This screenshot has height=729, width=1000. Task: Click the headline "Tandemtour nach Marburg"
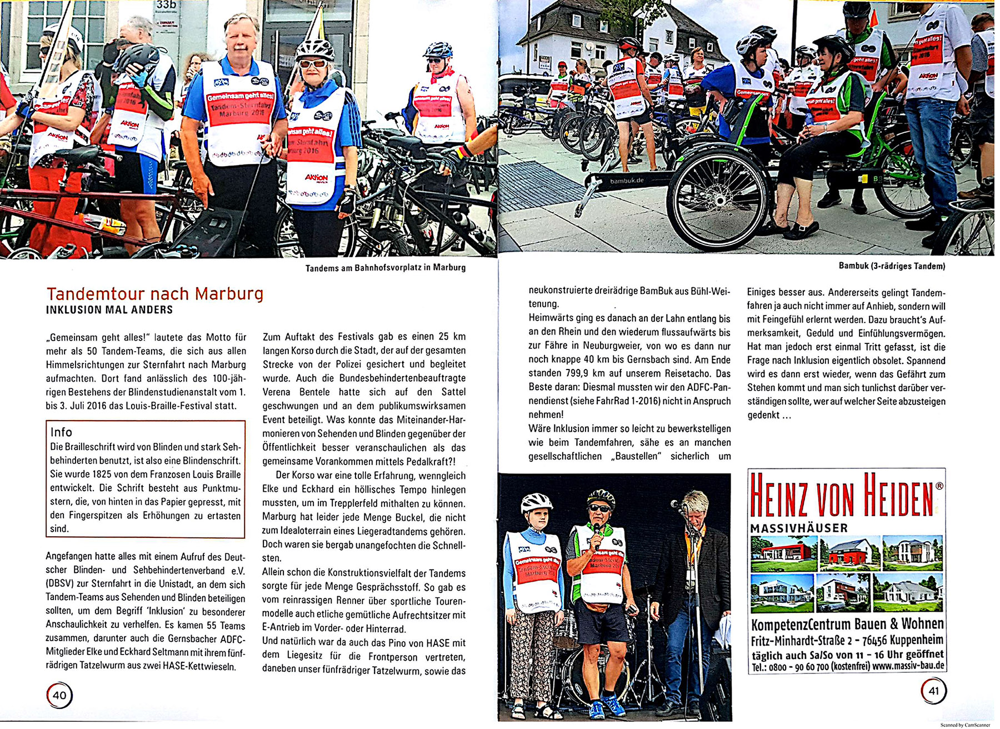[x=155, y=293]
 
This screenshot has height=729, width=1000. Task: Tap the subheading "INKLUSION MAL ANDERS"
[x=109, y=310]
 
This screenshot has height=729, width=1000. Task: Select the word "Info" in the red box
[x=61, y=432]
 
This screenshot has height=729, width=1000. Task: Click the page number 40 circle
[x=59, y=695]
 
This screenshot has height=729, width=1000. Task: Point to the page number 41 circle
[x=933, y=691]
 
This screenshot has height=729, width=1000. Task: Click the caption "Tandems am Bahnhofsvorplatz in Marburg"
[x=385, y=268]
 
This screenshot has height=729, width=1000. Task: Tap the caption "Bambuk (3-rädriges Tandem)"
[x=892, y=266]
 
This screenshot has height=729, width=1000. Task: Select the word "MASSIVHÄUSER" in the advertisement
[x=799, y=528]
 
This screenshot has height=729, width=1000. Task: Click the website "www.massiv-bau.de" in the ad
[x=908, y=666]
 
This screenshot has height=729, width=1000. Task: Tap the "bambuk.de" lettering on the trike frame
[x=627, y=181]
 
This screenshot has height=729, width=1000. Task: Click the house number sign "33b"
[x=166, y=5]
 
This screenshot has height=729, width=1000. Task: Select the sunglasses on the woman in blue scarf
[x=313, y=63]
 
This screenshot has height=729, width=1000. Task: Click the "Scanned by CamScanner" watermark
[x=965, y=725]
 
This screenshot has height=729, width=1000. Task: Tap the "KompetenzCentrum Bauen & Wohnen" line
[x=847, y=623]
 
